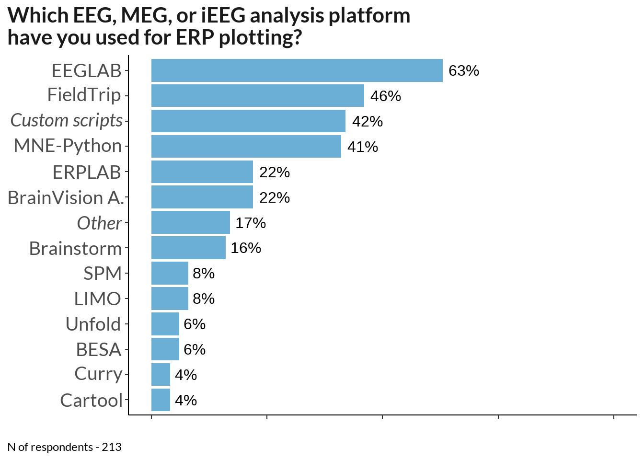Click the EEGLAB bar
coord(297,70)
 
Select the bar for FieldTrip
coord(258,95)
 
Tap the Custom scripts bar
coord(248,121)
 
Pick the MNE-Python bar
coord(246,146)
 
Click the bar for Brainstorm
coord(188,248)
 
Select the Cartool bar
coord(161,400)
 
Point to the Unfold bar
coord(165,324)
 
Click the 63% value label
coord(464,71)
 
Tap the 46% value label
coord(386,96)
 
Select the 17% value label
coord(251,223)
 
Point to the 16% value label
coord(246,248)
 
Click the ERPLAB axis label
coord(87,172)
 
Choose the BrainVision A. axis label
coord(66,198)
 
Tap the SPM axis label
coord(103,274)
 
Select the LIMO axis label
coord(97,299)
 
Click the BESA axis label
coord(99,350)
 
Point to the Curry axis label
coord(98,375)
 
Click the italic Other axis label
coord(99,223)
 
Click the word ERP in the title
coord(195,37)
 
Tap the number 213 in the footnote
coord(112,447)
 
